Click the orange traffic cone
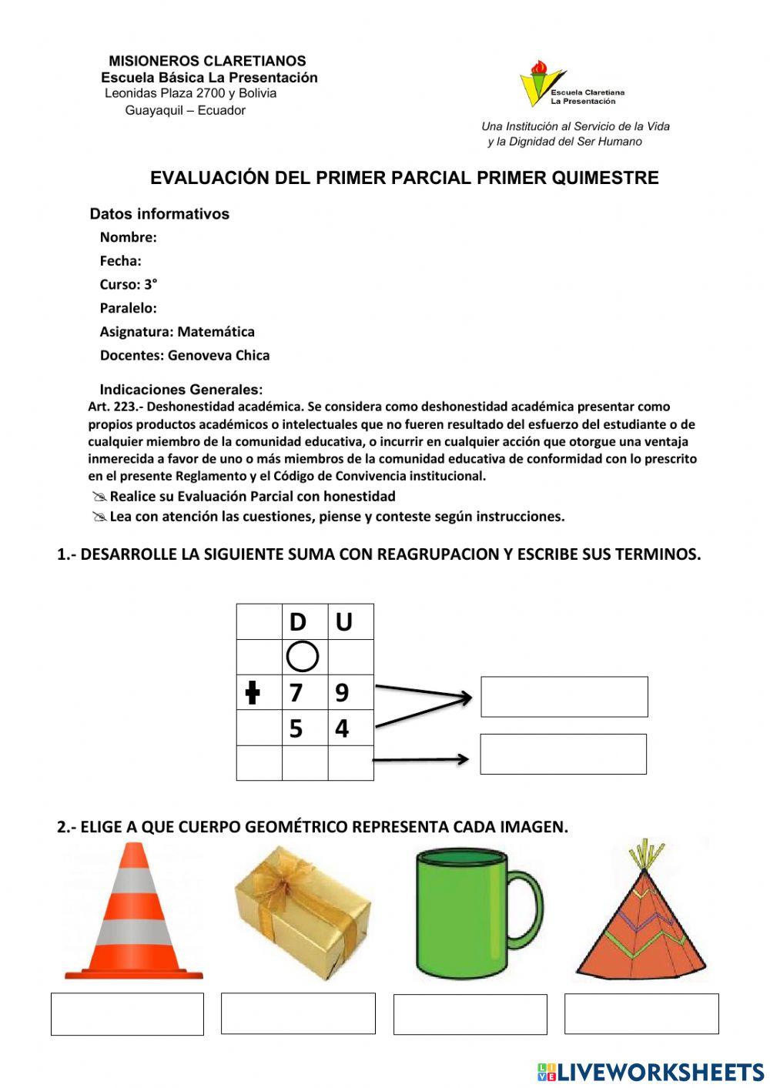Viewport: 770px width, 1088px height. tap(133, 916)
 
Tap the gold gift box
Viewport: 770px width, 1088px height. tap(303, 912)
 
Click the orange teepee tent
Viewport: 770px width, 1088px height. tap(641, 924)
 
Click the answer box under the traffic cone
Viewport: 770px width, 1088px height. tap(127, 1013)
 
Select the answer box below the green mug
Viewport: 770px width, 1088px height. tap(470, 1014)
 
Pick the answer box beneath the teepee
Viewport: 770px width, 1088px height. tap(641, 1013)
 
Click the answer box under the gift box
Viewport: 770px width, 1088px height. tap(298, 1013)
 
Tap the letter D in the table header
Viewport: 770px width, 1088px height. tap(297, 621)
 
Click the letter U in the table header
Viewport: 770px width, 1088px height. tap(343, 621)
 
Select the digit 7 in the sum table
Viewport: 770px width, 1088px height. tap(296, 693)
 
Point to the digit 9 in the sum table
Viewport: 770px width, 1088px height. tap(342, 693)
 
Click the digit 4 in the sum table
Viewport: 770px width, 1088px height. tap(342, 728)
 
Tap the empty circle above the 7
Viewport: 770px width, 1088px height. tap(303, 657)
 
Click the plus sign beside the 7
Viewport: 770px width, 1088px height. tap(252, 693)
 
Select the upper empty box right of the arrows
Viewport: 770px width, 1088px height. tap(564, 696)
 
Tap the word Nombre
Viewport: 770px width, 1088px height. tap(128, 237)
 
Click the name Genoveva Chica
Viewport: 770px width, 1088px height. tap(219, 355)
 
